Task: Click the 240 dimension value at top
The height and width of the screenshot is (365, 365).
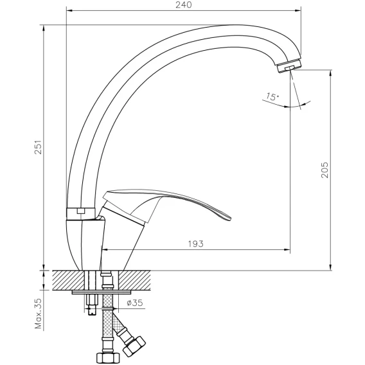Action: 183,5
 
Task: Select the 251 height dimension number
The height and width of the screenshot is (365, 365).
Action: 38,147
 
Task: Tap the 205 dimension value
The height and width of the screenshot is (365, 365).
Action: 325,170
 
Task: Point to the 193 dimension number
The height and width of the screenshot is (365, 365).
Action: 195,244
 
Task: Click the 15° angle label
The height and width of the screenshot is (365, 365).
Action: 272,96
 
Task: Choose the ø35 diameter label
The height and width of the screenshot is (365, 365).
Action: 135,303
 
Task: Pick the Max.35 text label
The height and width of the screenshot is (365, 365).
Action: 39,314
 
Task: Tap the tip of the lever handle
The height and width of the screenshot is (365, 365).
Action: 230,218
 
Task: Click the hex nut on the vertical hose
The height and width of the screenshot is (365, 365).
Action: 108,359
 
